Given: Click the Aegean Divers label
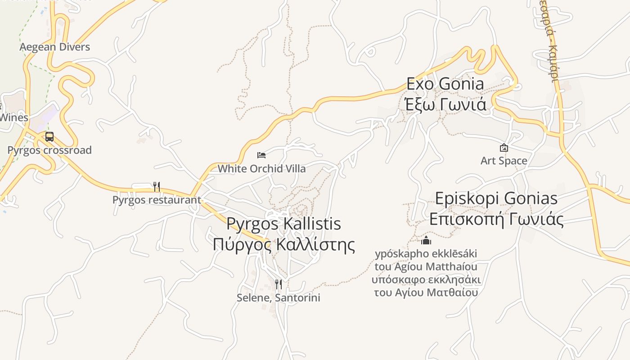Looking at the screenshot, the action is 54,47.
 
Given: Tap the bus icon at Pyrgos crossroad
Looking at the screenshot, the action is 49,136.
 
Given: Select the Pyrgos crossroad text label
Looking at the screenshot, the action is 49,150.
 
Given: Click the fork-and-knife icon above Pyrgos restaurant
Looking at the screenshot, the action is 157,186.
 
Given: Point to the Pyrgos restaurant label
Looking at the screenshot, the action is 157,200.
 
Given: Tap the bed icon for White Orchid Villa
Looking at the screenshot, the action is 261,155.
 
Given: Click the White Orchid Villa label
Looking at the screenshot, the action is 261,169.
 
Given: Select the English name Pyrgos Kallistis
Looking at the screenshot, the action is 283,224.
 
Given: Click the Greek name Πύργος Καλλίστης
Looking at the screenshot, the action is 283,244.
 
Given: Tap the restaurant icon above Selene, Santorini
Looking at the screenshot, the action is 279,284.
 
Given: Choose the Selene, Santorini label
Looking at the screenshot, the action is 279,298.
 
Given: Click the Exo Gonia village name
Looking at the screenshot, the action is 445,84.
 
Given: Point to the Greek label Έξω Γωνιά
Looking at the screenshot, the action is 445,104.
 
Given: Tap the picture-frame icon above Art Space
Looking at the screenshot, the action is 504,147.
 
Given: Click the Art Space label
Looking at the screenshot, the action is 504,161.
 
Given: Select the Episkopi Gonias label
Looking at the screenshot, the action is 496,198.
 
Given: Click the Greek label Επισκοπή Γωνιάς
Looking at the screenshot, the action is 496,219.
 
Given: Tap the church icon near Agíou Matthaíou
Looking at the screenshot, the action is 426,240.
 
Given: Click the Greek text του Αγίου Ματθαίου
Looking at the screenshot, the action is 426,292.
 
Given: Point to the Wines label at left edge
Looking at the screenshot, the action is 14,118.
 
